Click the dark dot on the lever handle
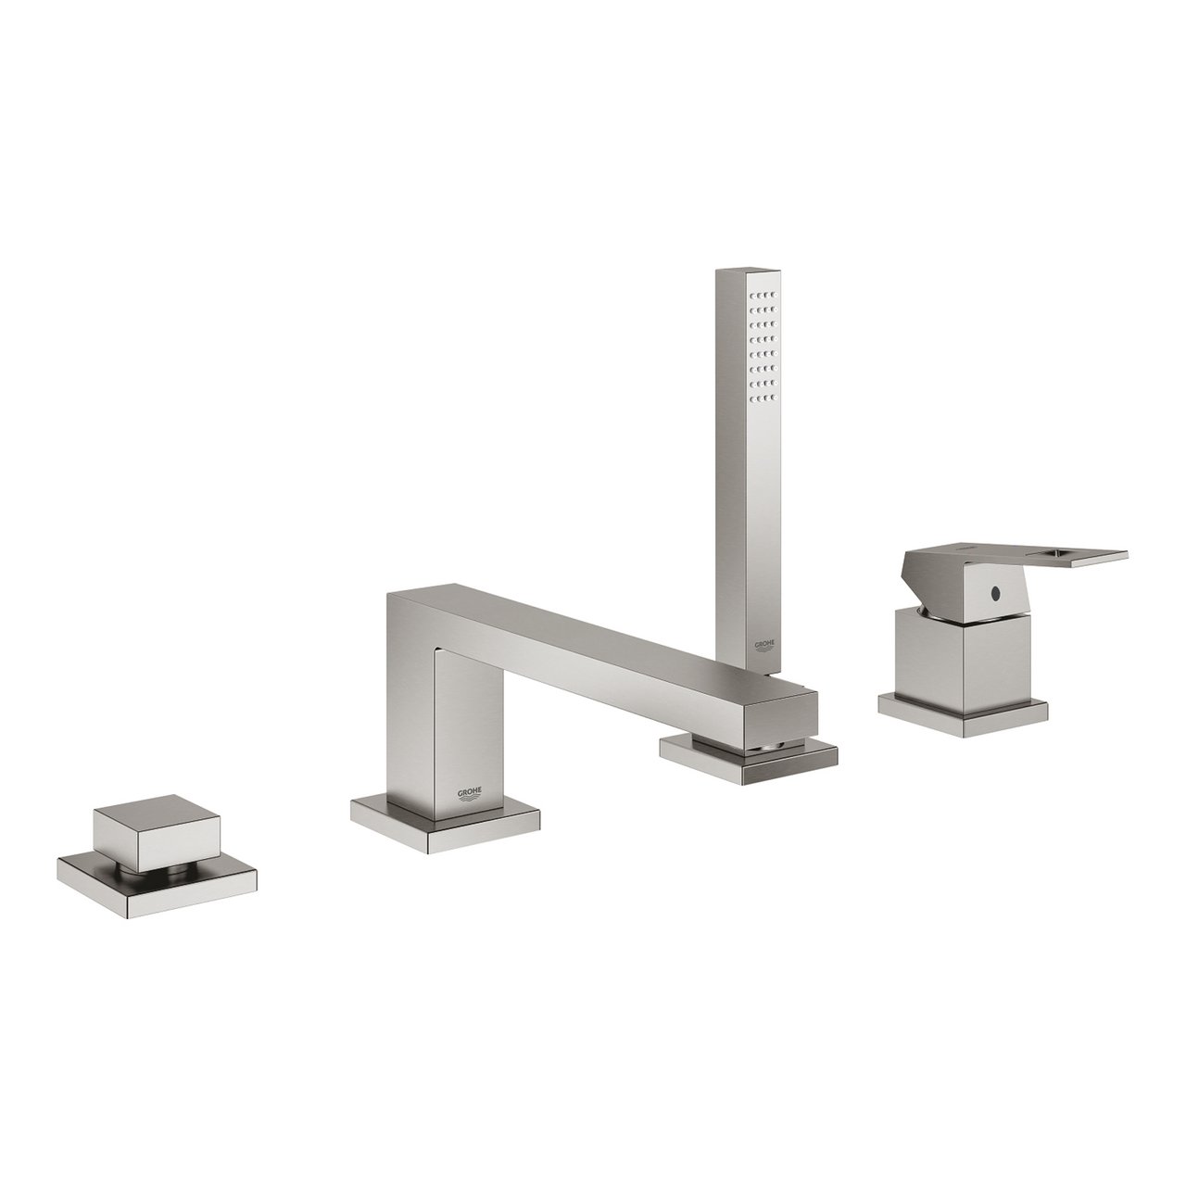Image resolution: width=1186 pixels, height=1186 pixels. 996,590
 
